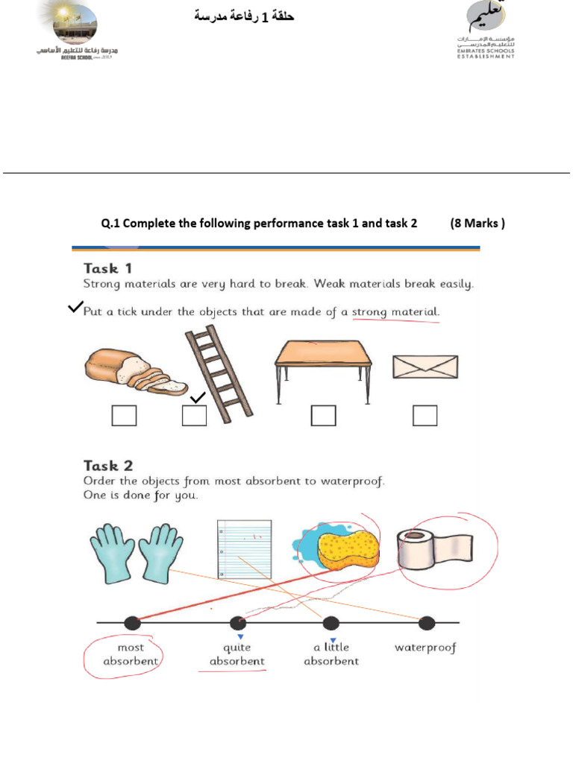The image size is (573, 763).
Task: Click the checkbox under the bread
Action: coord(124,416)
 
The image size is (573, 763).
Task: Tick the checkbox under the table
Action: coord(324,416)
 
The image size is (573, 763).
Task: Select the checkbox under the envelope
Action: coord(425,416)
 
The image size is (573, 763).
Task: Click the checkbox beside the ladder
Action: coord(194,416)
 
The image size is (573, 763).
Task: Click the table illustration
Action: coord(323,366)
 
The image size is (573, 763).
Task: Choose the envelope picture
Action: coord(425,367)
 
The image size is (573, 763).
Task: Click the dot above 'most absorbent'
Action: coord(131,623)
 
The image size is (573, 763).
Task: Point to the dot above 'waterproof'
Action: coord(427,623)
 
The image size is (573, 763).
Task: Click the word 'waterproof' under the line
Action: coord(425,648)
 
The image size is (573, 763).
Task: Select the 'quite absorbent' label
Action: coord(237,654)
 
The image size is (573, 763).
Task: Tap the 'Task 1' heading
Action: coord(107,268)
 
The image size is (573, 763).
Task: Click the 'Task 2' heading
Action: coord(107,466)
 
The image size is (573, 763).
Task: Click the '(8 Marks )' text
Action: coord(477,223)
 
